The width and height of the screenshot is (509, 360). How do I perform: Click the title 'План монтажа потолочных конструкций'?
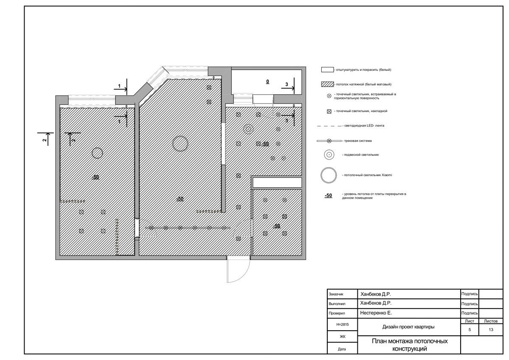[409, 345]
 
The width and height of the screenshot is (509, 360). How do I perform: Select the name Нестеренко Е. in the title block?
[376, 313]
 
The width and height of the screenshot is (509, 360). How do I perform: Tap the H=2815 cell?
[342, 324]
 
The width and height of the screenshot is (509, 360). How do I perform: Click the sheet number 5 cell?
[470, 329]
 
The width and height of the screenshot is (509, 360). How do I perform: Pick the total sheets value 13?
[491, 329]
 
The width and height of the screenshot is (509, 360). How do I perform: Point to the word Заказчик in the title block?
[336, 294]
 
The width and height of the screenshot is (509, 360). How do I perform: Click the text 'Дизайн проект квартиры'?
[408, 327]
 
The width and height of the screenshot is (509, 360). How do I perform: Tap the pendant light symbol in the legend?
[329, 155]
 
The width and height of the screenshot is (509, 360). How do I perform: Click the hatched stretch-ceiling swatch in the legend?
[327, 84]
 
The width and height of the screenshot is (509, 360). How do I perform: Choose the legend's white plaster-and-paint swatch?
[327, 70]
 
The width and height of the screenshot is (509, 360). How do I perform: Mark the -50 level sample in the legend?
[329, 196]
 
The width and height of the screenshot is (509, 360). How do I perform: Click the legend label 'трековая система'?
[358, 141]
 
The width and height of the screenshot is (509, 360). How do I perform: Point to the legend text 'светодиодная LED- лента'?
[364, 126]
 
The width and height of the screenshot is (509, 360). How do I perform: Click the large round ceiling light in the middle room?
[180, 136]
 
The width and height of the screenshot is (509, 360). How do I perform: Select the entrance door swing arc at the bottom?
[245, 273]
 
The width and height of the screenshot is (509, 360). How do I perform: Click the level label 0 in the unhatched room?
[267, 82]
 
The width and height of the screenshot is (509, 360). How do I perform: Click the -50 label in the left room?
[95, 177]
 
